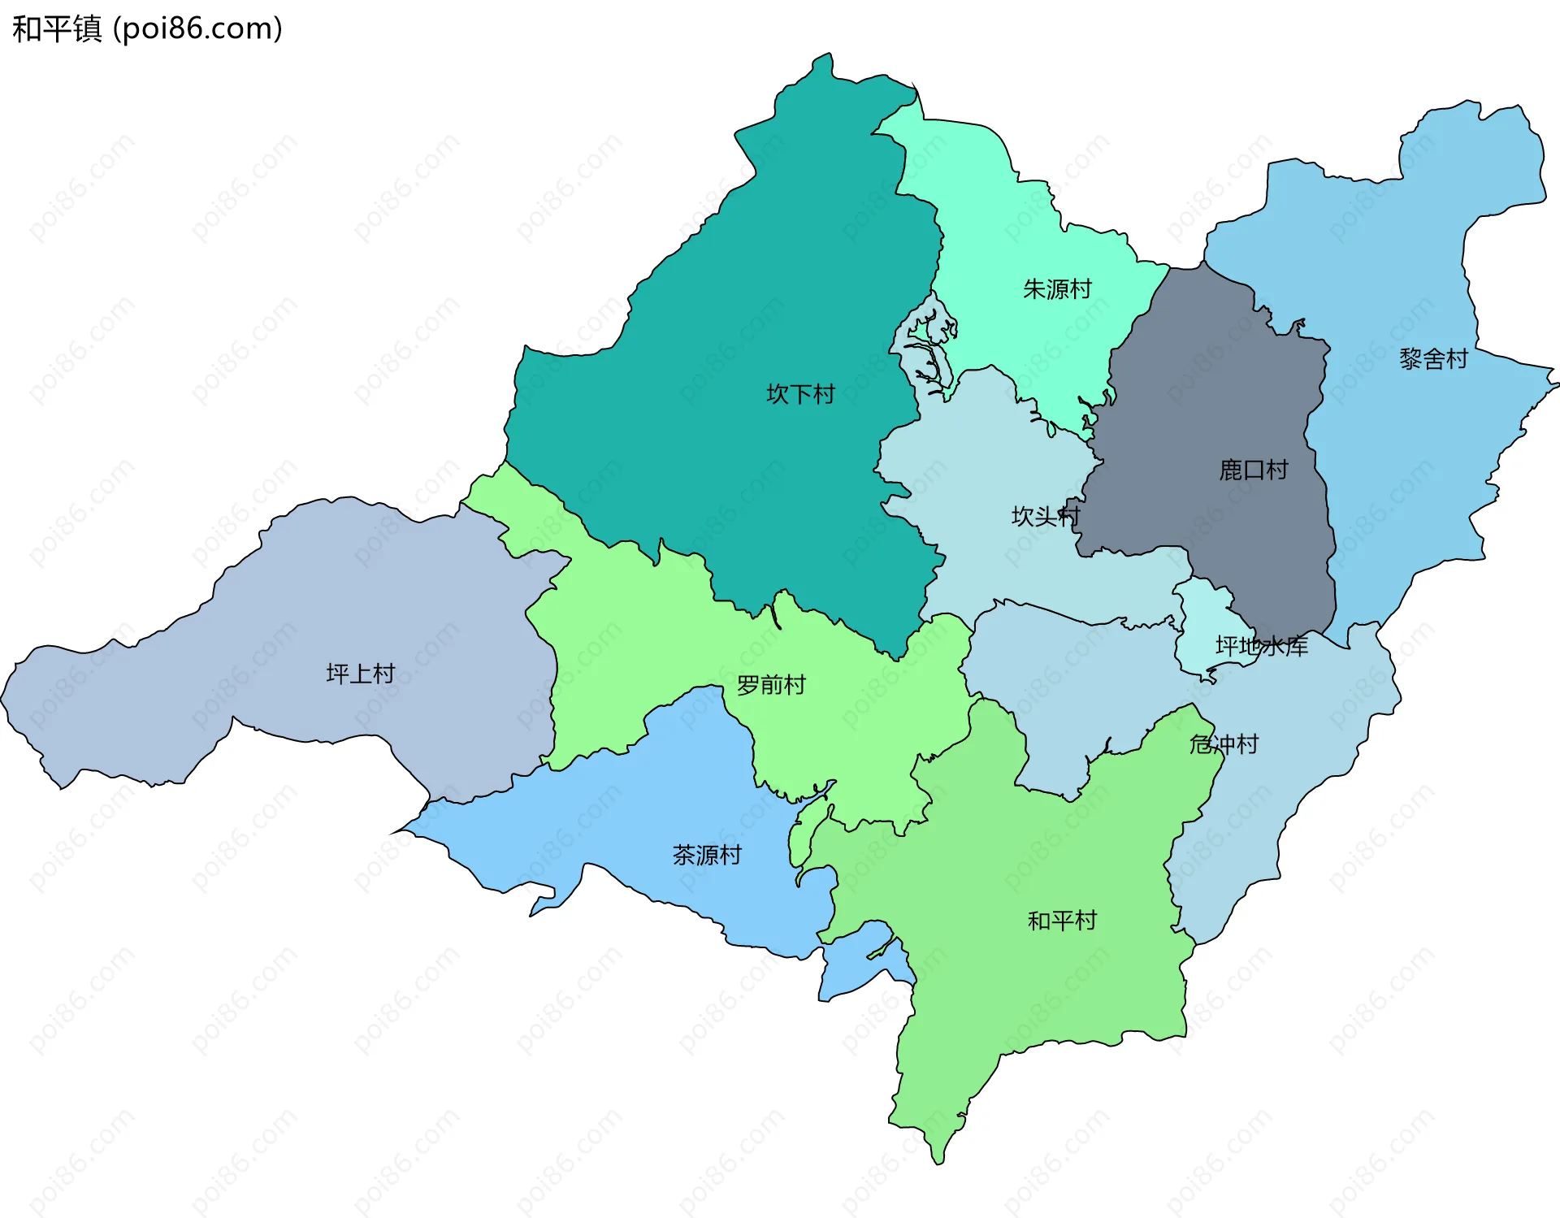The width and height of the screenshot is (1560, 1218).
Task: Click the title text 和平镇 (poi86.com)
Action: (x=147, y=28)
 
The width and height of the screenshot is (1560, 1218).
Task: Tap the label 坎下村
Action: (x=800, y=394)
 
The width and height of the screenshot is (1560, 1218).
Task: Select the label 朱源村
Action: (x=1057, y=289)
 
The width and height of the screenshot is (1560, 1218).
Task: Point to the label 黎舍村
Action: (x=1433, y=359)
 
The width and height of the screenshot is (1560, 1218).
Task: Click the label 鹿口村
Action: (x=1253, y=470)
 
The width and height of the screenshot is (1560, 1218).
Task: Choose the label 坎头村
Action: (x=1045, y=516)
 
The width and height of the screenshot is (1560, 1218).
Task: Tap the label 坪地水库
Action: (x=1261, y=646)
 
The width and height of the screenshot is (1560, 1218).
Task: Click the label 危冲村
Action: (x=1224, y=743)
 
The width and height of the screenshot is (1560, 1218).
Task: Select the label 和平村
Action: (x=1062, y=921)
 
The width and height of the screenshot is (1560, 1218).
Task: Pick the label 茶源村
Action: (x=707, y=855)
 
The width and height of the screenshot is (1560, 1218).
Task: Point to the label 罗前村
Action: (x=771, y=685)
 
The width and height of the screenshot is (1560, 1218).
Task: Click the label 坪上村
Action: (x=360, y=674)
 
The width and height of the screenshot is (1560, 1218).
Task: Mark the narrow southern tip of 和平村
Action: (x=938, y=1154)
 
